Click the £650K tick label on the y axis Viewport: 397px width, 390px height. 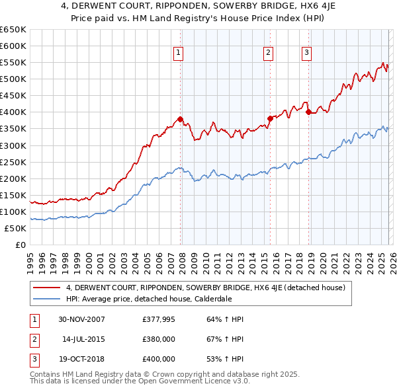click(x=13, y=30)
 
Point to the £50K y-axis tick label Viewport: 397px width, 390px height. click(x=15, y=228)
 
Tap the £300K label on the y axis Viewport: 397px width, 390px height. click(x=13, y=145)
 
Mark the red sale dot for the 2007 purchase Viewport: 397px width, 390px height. click(x=180, y=120)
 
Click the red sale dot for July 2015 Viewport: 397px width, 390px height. click(x=269, y=119)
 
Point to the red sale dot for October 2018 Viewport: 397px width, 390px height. click(x=308, y=112)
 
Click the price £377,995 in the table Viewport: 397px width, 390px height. click(x=159, y=319)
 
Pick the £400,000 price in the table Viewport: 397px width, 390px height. click(x=159, y=359)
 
